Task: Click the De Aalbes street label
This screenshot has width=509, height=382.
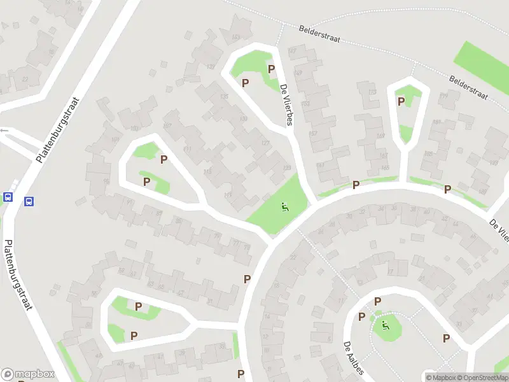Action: click(352, 358)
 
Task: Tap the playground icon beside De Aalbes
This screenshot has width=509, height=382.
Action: click(385, 326)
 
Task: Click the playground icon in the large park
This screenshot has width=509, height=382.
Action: click(284, 206)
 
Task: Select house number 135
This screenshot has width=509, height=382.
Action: click(224, 96)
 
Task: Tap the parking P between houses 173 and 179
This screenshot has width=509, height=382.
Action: click(401, 101)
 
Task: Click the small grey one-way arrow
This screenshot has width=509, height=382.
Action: click(4, 130)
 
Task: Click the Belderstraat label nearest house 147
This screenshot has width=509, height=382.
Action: click(319, 34)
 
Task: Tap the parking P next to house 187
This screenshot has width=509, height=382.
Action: click(447, 188)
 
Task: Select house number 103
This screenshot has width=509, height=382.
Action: click(134, 128)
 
